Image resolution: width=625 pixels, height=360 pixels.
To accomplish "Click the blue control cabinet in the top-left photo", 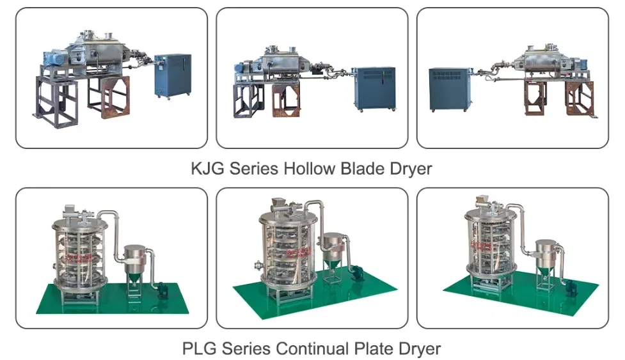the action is pos(173,76).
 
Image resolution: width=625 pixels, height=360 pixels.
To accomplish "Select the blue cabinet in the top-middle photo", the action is pos(375,89).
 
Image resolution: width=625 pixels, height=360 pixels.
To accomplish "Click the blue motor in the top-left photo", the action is pos(56,58).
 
